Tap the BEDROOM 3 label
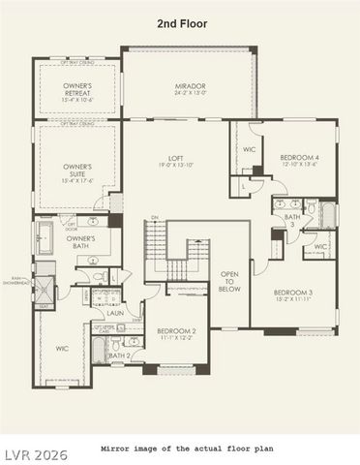click(292, 293)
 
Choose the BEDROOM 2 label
click(177, 331)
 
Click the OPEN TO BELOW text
click(229, 281)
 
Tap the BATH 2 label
click(119, 356)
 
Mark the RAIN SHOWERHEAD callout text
click(15, 282)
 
